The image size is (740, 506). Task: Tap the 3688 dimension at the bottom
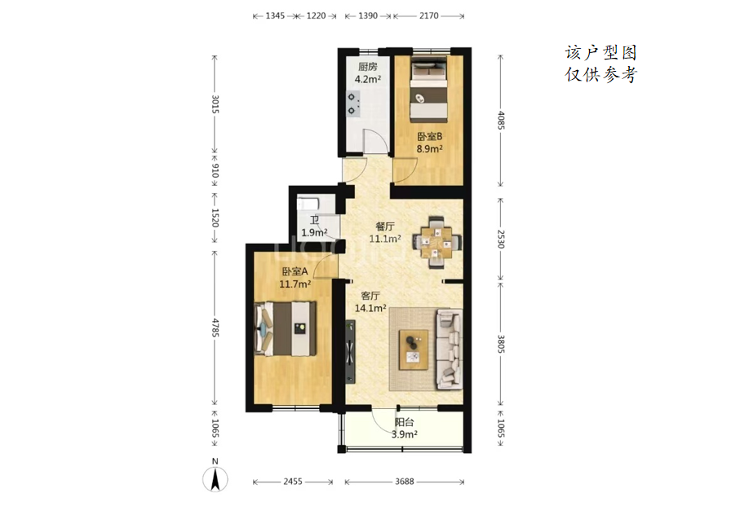[x=405, y=482]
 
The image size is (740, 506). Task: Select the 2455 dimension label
[x=293, y=482]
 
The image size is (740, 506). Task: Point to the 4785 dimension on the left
[x=215, y=328]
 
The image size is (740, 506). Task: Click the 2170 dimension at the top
[x=428, y=15]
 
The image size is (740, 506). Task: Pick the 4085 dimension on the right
[x=501, y=120]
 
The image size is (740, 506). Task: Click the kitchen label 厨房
[x=368, y=67]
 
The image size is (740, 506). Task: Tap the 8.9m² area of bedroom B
[x=429, y=149]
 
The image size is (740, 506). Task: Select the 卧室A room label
[x=295, y=271]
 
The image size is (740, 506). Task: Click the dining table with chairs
[x=437, y=242]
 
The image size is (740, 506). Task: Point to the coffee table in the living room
[x=414, y=350]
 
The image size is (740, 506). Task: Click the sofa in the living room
[x=449, y=349]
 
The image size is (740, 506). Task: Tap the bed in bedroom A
[x=285, y=329]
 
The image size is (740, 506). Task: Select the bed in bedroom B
[x=428, y=90]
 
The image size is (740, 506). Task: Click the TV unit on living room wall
[x=350, y=352]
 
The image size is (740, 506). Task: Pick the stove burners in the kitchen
[x=352, y=103]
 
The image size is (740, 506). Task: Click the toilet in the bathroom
[x=308, y=205]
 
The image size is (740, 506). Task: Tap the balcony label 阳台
[x=405, y=423]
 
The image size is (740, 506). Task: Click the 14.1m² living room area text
[x=370, y=308]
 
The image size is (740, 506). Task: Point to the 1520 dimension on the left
[x=215, y=218]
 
